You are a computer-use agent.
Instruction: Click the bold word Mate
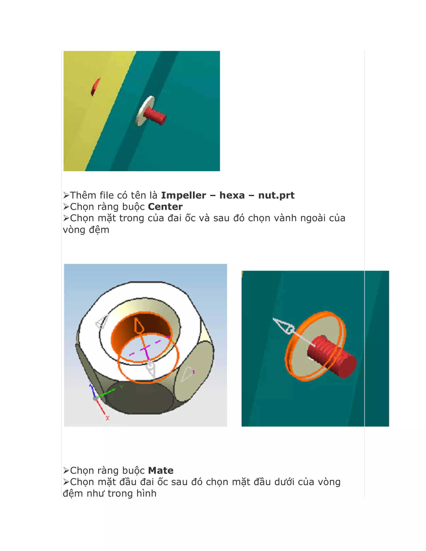[x=161, y=471]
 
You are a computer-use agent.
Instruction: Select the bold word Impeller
[x=183, y=195]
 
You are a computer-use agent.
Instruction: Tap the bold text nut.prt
[x=276, y=195]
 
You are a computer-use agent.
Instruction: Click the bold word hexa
[x=232, y=195]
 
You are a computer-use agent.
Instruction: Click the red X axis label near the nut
[x=108, y=418]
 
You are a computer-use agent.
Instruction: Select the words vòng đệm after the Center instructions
[x=86, y=230]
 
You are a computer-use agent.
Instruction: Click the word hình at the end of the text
[x=146, y=493]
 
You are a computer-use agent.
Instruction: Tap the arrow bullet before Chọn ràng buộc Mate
[x=66, y=471]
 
